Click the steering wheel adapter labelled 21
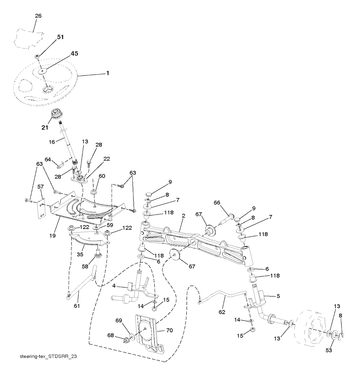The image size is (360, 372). [x=56, y=115]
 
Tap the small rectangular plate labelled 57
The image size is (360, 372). [x=42, y=209]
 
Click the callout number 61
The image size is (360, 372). [x=77, y=306]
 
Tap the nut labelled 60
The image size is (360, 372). [x=94, y=192]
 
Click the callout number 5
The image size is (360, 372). [x=278, y=296]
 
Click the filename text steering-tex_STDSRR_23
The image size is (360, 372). [x=48, y=356]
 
